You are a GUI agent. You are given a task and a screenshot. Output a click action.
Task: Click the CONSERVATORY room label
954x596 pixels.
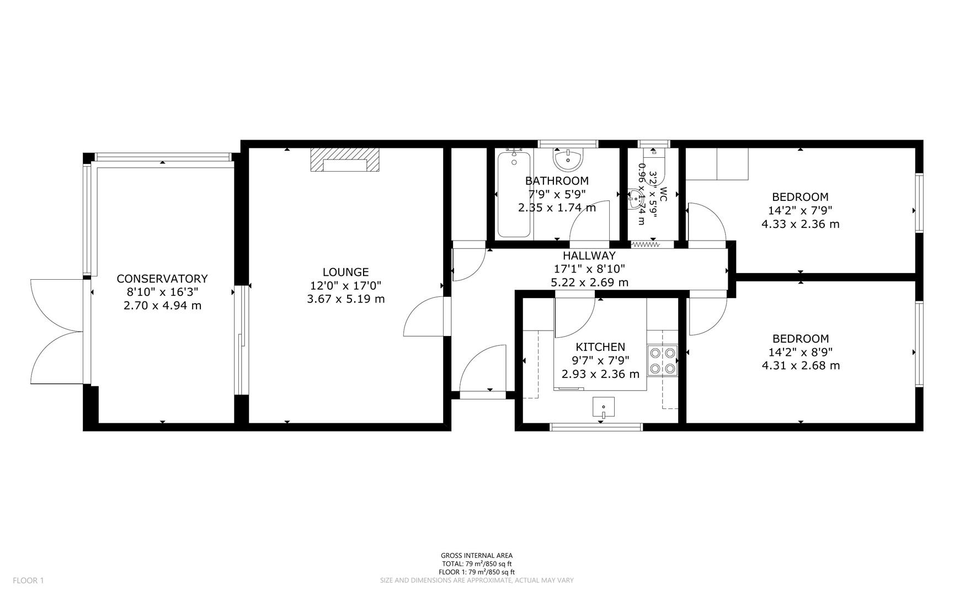tap(162, 279)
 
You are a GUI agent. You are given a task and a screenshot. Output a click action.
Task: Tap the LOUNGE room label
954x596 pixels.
tap(345, 272)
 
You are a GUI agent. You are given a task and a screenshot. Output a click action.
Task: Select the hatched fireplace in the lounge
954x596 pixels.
tap(345, 160)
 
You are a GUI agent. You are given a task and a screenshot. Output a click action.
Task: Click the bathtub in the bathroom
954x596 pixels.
tap(514, 194)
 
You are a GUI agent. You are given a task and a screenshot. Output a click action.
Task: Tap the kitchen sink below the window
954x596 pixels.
tap(604, 407)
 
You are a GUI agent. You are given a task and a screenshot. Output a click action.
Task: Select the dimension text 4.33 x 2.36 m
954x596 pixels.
tap(800, 224)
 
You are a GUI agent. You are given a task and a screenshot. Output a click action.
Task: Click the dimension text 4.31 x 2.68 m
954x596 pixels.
tap(800, 365)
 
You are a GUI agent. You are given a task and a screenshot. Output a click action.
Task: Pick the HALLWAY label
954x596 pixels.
tap(589, 256)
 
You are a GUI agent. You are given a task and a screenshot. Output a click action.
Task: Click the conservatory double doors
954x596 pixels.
tap(55, 331)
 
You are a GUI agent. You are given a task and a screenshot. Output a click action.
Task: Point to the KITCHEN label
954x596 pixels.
tap(600, 347)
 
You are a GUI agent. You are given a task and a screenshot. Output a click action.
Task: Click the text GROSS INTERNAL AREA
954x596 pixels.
tap(476, 556)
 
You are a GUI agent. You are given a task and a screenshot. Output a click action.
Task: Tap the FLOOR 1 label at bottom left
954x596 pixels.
tap(28, 580)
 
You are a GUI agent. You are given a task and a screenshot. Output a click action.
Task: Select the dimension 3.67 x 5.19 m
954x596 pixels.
tap(345, 299)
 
